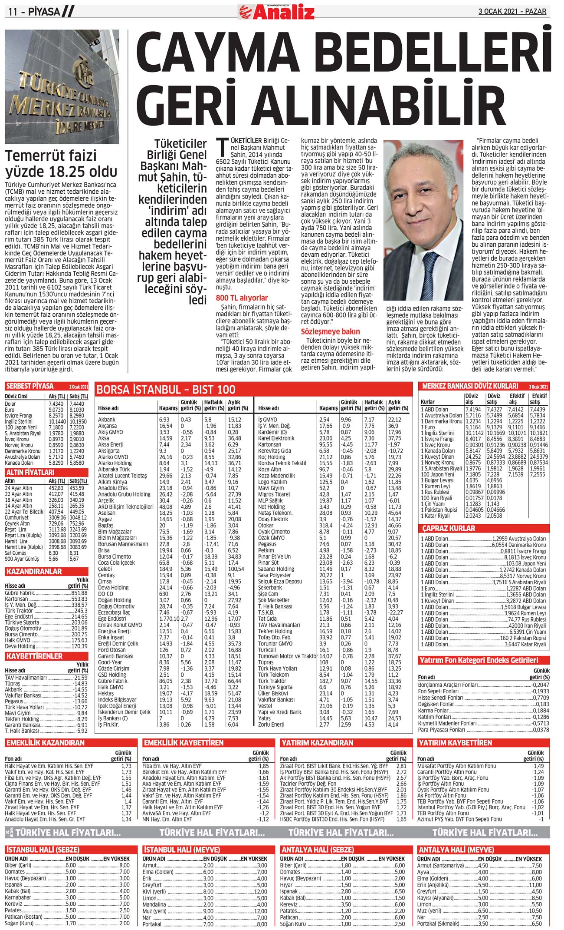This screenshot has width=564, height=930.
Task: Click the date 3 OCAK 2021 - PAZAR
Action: pos(512,11)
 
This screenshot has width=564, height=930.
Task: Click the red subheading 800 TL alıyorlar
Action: pos(242,298)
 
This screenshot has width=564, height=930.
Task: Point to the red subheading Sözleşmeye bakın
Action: pos(331,331)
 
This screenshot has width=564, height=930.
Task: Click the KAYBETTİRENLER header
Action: pos(34,656)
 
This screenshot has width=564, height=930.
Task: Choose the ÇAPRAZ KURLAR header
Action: pos(449,529)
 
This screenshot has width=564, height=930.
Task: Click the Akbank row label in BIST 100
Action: pos(107,420)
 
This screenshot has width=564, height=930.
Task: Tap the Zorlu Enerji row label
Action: pos(271,725)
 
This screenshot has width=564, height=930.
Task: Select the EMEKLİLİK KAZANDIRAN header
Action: pos(45,743)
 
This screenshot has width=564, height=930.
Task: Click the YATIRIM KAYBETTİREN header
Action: pos(455,743)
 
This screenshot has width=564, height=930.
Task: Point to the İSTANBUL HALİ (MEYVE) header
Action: pos(182,850)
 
